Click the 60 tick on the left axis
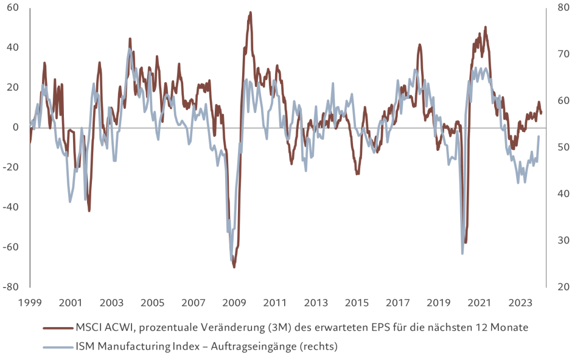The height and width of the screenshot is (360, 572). (x=13, y=7)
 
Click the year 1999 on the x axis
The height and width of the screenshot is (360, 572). (x=30, y=303)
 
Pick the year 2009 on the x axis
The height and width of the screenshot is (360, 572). (x=234, y=303)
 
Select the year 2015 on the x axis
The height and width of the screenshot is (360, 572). (x=357, y=303)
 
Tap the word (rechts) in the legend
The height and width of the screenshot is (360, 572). (x=316, y=347)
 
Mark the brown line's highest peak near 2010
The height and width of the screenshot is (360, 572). (x=250, y=12)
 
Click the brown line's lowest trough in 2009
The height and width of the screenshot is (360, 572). (x=234, y=267)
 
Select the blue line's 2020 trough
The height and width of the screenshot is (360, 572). (x=462, y=253)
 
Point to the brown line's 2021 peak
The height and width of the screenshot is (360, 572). (x=485, y=27)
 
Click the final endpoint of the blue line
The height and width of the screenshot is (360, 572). (x=539, y=136)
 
